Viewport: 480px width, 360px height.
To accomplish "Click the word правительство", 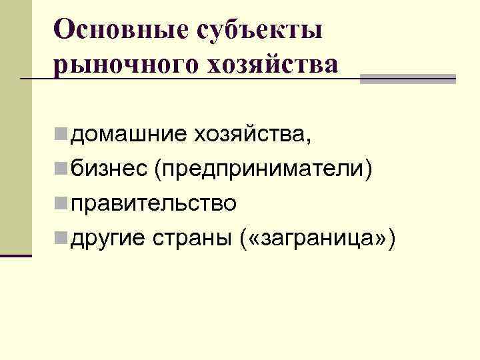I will [153, 203].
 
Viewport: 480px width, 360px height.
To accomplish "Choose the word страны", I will [189, 236].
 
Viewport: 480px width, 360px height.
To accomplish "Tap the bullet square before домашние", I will [61, 136].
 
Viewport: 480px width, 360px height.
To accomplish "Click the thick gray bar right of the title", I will [407, 79].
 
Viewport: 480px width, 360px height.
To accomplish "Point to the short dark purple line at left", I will [16, 255].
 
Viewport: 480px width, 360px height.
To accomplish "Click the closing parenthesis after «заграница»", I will [394, 236].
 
